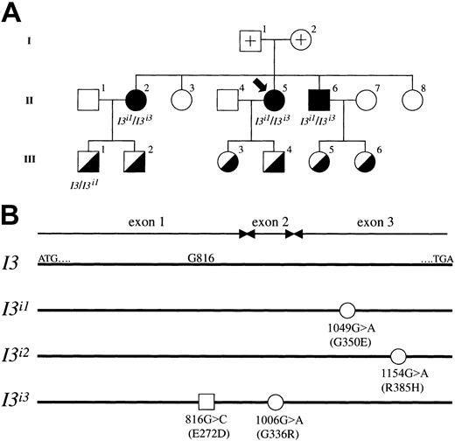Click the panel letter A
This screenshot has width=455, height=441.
pos(12,15)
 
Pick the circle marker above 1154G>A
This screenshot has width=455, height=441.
pos(398,355)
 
